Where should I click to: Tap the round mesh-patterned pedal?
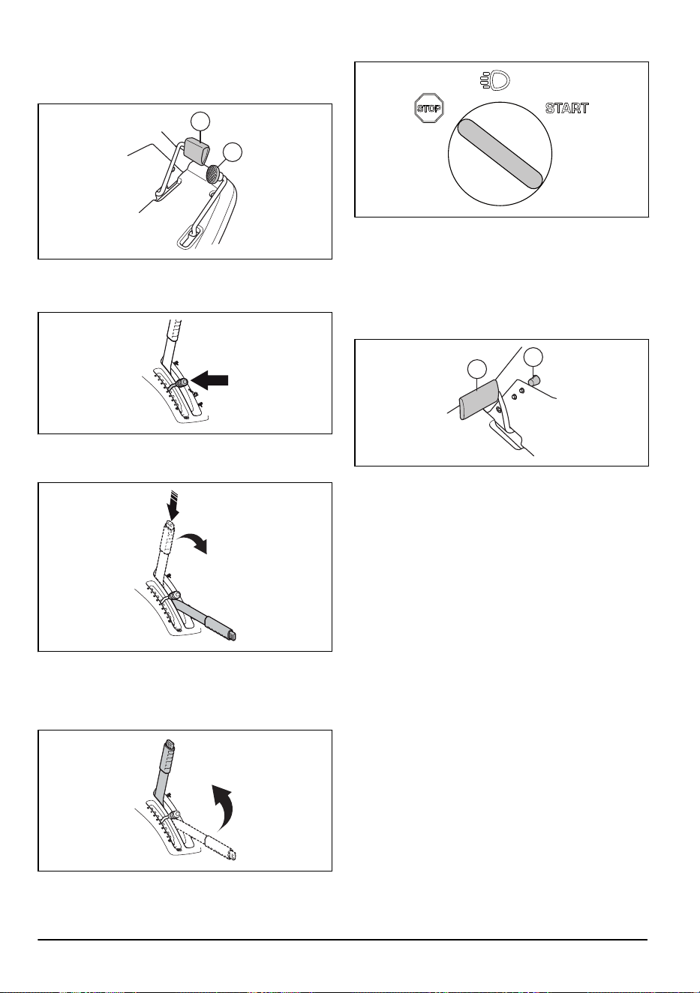tap(214, 174)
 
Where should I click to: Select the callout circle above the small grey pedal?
tap(200, 122)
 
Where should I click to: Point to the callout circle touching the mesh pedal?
tap(233, 152)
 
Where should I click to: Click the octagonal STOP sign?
tap(429, 108)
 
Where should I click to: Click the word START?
tap(567, 108)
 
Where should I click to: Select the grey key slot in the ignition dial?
tap(500, 153)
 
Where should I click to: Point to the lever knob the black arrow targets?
tap(182, 383)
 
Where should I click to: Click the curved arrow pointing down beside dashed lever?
tap(192, 542)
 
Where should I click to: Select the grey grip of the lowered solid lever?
tap(221, 627)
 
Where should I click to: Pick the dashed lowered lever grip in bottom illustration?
tap(221, 847)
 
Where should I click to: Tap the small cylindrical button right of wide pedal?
tap(533, 380)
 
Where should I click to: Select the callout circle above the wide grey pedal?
tap(477, 369)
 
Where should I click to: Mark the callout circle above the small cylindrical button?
tap(533, 357)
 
